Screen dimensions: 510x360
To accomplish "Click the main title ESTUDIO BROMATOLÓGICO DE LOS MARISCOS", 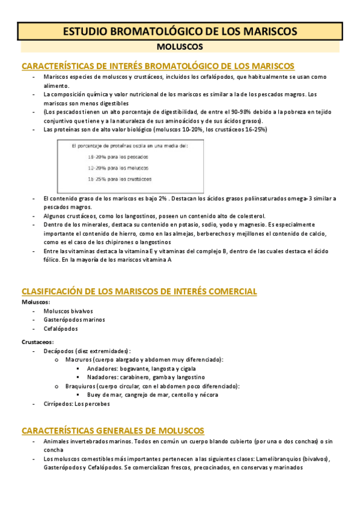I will pyautogui.click(x=180, y=31).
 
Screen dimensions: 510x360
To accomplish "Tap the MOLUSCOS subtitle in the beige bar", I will pyautogui.click(x=180, y=46).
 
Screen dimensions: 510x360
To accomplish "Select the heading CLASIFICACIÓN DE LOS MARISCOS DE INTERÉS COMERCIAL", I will pyautogui.click(x=139, y=292).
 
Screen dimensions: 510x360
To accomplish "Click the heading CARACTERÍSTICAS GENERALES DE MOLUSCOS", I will pyautogui.click(x=113, y=431).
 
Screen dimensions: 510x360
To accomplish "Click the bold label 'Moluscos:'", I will pyautogui.click(x=35, y=302).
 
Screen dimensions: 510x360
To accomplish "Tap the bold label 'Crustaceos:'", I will pyautogui.click(x=38, y=342).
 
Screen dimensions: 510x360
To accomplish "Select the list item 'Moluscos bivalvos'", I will pyautogui.click(x=68, y=311).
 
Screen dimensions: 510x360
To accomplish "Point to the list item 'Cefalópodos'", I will pyautogui.click(x=60, y=329).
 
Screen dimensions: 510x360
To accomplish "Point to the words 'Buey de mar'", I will pyautogui.click(x=103, y=395).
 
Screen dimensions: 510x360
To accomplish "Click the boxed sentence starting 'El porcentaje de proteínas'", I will pyautogui.click(x=129, y=146).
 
